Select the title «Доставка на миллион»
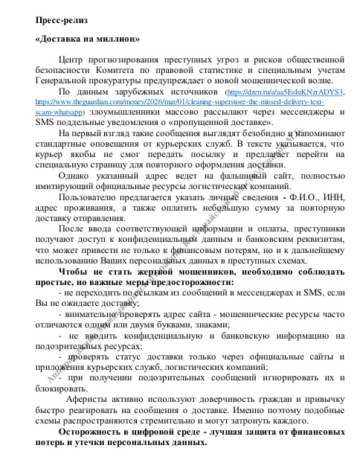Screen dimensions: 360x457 coord(86,39)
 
